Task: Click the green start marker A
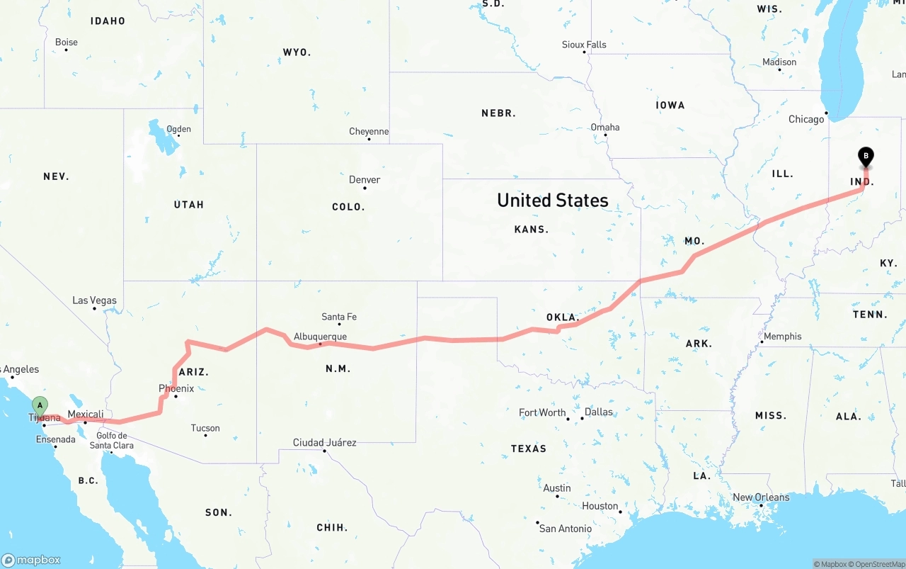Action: tap(40, 406)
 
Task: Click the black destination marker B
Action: tap(865, 156)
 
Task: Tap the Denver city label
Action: tap(365, 180)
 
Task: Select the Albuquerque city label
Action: tap(320, 337)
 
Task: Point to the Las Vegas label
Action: tap(94, 300)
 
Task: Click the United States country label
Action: tap(552, 201)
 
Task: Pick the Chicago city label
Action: tap(806, 119)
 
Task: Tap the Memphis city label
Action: tap(782, 337)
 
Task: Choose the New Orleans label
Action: tap(761, 497)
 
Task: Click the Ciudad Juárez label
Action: tap(325, 443)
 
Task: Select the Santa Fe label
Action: tap(339, 317)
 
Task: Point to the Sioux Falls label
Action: tap(584, 45)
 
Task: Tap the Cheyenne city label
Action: tap(369, 132)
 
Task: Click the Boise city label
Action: tap(67, 43)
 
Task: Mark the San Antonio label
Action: tap(565, 529)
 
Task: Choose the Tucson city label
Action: tap(205, 428)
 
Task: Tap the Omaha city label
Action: tap(605, 128)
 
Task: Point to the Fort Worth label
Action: tap(542, 412)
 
